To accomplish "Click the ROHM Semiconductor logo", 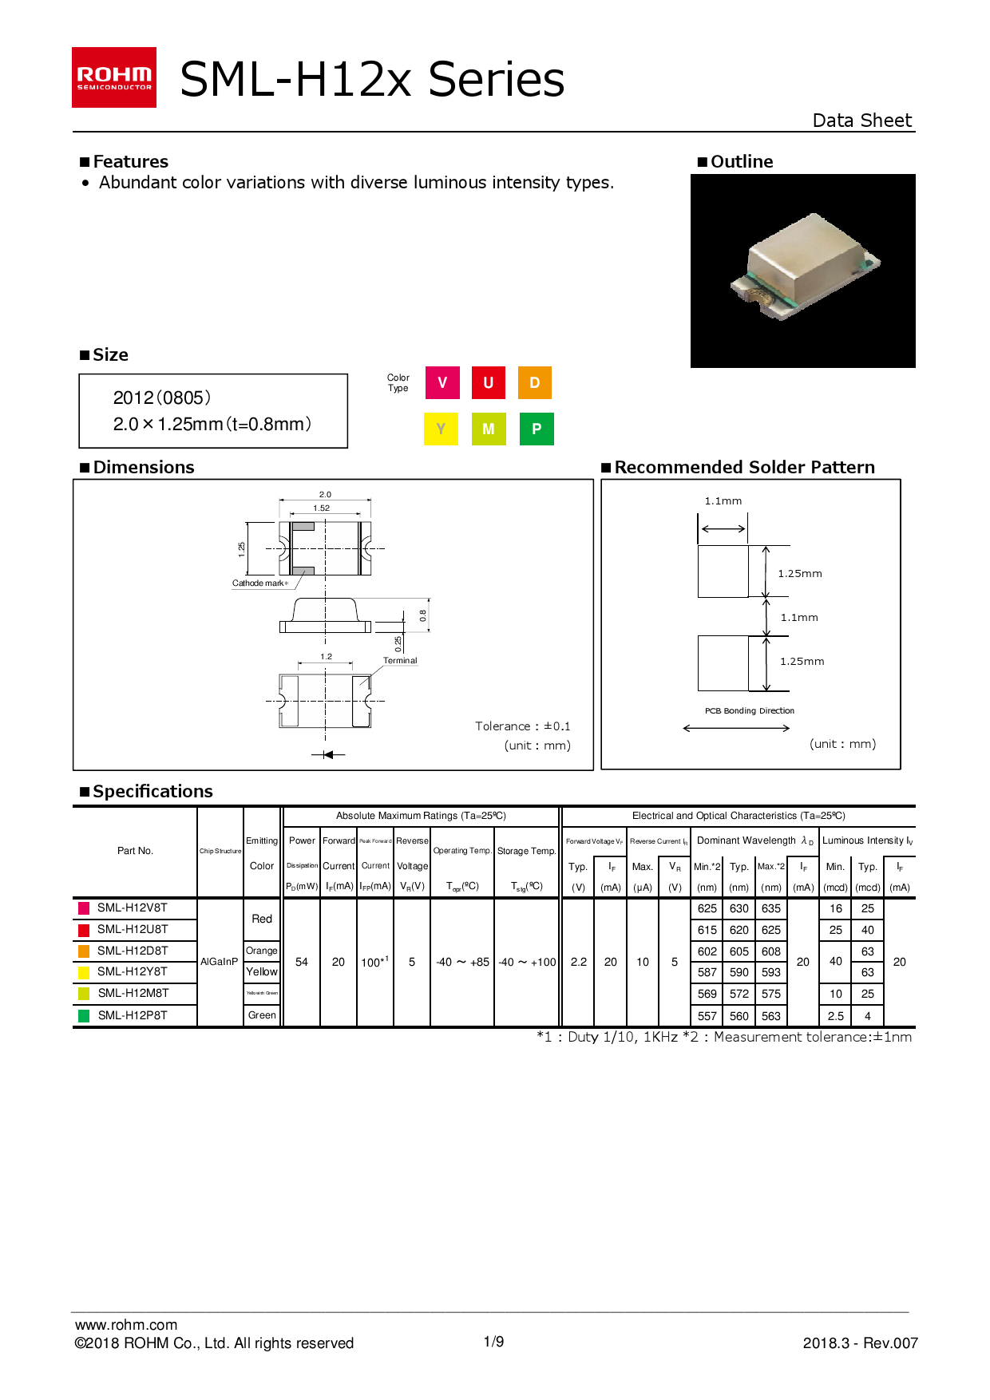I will click(x=114, y=77).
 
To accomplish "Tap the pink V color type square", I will click(x=442, y=383).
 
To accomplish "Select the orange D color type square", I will click(x=535, y=383).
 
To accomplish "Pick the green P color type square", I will click(x=537, y=429).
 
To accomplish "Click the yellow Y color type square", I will click(x=441, y=429).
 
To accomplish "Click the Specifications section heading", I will click(x=152, y=791).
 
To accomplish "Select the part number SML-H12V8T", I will click(x=133, y=908).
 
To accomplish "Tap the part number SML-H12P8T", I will click(x=133, y=1015).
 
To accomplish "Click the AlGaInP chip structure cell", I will click(x=220, y=962).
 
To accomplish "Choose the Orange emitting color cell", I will click(x=262, y=951).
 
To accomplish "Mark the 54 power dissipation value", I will click(x=302, y=962).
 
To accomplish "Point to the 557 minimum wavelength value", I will click(x=707, y=1016).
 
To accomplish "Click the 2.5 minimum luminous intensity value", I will click(x=836, y=1016).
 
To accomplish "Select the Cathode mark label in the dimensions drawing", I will click(x=259, y=583).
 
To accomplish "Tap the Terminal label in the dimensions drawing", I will click(x=400, y=660).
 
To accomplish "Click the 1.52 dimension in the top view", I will click(x=322, y=508).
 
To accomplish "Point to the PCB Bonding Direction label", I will click(x=750, y=710).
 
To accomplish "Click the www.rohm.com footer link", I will click(x=126, y=1325).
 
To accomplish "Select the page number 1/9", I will click(x=494, y=1342).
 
